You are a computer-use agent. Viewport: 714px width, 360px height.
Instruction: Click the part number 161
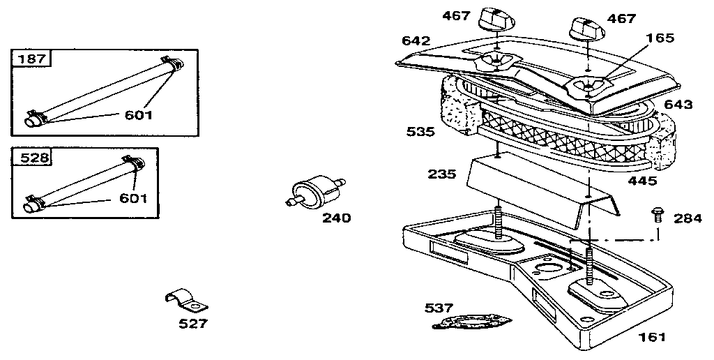click(652, 337)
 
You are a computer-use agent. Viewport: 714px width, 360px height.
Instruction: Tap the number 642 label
click(416, 40)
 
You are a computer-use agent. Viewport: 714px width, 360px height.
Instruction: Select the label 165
click(660, 38)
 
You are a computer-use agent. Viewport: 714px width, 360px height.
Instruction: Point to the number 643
click(678, 105)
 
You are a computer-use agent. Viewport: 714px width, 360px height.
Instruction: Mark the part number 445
click(642, 181)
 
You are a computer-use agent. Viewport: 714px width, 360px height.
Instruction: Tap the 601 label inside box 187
click(138, 114)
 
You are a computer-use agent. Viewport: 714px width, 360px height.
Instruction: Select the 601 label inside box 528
click(132, 198)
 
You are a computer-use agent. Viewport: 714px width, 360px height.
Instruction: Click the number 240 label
click(336, 218)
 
